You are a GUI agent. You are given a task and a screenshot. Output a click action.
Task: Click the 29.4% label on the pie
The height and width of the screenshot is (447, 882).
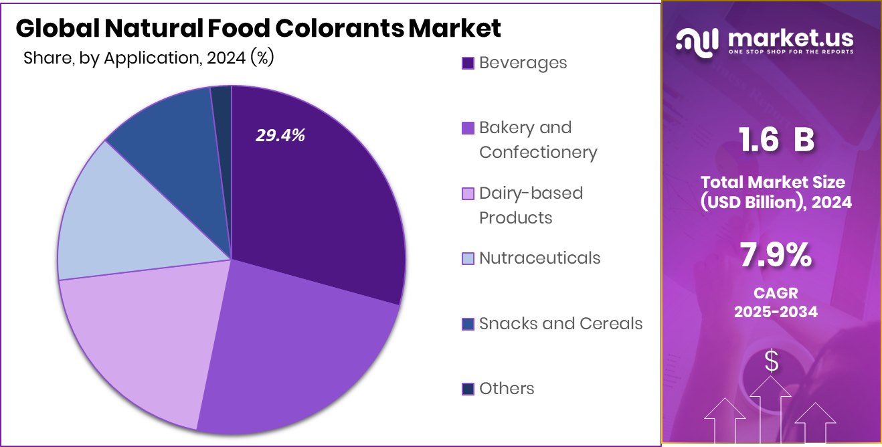280,136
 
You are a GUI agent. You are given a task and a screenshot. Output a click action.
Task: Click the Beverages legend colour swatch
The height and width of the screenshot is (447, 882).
468,63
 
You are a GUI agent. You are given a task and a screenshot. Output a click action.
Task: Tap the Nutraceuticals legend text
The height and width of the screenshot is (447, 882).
539,258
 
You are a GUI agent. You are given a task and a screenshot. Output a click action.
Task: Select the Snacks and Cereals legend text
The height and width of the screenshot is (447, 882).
561,324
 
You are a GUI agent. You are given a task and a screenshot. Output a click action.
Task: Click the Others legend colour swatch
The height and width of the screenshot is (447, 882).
468,389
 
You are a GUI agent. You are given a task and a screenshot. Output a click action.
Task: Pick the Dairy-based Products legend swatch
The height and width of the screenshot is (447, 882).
468,194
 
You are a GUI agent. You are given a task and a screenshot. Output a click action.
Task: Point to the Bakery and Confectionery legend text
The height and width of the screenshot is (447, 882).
537,140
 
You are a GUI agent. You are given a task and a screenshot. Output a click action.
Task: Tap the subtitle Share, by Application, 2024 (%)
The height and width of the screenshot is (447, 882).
149,58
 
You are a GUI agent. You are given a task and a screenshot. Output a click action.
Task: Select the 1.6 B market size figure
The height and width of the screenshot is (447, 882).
776,141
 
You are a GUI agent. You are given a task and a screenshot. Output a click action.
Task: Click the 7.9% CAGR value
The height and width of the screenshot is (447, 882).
776,256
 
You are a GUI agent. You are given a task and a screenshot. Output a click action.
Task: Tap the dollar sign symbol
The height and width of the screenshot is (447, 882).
772,362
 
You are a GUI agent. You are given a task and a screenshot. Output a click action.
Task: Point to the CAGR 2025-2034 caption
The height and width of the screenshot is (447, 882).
776,302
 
